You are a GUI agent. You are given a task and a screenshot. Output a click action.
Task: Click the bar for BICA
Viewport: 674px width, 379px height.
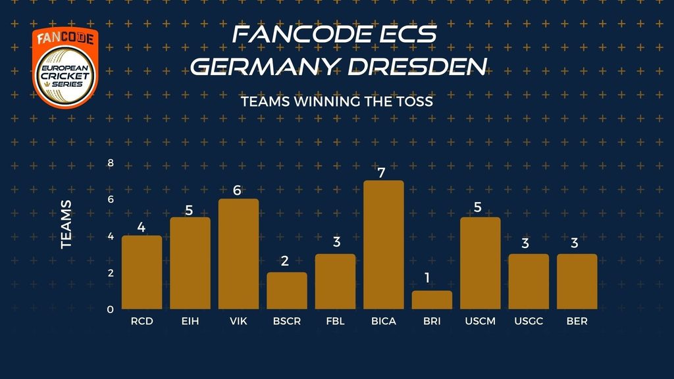point(384,245)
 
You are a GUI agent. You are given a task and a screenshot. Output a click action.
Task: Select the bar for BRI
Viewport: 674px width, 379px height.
point(432,300)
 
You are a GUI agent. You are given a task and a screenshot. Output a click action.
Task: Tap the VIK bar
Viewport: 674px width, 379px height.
point(238,254)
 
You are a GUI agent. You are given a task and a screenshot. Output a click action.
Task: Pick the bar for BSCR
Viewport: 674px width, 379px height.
point(287,291)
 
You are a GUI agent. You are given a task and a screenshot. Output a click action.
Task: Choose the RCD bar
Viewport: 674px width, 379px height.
point(142,272)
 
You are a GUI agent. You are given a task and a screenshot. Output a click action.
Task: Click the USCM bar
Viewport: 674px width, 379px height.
point(480,263)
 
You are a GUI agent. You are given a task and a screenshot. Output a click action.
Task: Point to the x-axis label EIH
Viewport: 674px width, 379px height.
point(190,322)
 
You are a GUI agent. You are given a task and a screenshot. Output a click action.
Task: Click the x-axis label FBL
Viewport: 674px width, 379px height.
point(335,322)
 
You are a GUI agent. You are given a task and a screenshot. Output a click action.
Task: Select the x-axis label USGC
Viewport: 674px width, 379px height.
point(529,322)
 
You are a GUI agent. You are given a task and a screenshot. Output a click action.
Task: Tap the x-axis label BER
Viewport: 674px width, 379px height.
point(577,322)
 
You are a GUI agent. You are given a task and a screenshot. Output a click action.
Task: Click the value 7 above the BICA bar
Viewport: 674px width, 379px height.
point(383,172)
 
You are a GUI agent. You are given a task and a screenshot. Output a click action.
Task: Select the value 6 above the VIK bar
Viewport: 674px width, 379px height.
point(238,191)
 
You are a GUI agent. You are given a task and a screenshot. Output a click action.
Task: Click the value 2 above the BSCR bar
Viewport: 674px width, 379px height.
point(285,261)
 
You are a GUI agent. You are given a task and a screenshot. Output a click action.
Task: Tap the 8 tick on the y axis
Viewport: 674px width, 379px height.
point(111,163)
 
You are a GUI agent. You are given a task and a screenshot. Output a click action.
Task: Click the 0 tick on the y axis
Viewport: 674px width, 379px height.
point(111,309)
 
